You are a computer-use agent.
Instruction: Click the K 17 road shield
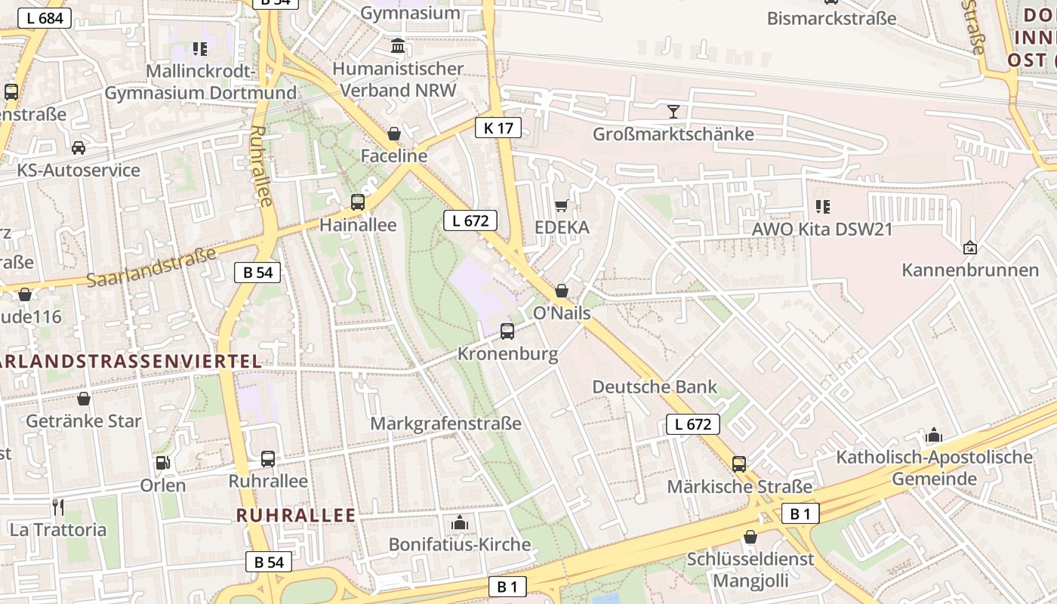(x=498, y=128)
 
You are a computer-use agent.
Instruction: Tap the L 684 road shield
(x=45, y=18)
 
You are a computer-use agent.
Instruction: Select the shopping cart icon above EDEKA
(x=561, y=205)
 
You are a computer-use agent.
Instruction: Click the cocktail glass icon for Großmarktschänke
(x=673, y=112)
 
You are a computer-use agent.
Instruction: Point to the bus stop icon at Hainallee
(x=358, y=202)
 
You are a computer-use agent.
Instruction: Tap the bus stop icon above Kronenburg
(x=507, y=331)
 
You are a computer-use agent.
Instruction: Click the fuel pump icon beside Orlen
(x=162, y=462)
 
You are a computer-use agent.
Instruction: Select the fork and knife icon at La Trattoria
(x=57, y=507)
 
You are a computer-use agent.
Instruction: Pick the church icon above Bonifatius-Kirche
(x=459, y=522)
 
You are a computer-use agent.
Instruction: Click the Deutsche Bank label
(x=655, y=387)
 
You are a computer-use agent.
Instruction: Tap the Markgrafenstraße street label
(x=445, y=423)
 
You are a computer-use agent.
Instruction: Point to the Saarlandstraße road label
(x=150, y=267)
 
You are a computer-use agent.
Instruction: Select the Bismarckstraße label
(x=831, y=18)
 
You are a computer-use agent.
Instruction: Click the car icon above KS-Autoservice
(x=79, y=147)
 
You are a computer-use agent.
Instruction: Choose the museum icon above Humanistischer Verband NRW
(x=398, y=47)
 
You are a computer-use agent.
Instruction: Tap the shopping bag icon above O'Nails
(x=561, y=291)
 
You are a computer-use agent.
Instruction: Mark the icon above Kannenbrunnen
(x=970, y=248)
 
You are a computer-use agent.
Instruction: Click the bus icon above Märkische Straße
(x=739, y=464)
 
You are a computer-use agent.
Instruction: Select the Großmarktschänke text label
(x=673, y=134)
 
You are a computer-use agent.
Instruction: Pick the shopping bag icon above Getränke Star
(x=84, y=398)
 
